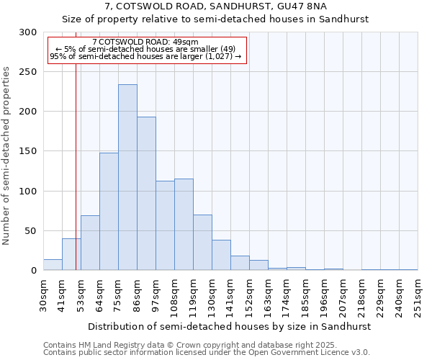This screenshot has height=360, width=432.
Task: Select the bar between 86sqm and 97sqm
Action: pos(146,194)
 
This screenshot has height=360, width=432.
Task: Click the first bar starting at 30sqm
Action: pos(53,265)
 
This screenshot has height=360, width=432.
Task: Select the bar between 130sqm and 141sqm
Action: pos(221,255)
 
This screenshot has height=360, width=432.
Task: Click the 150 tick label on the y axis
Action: pos(29,151)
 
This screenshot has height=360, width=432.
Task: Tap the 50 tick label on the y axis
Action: pos(32,231)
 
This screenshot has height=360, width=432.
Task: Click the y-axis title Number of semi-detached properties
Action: pos(7,156)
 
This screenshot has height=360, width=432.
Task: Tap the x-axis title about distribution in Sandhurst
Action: pos(230,326)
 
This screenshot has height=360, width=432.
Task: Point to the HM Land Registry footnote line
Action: pos(186,345)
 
